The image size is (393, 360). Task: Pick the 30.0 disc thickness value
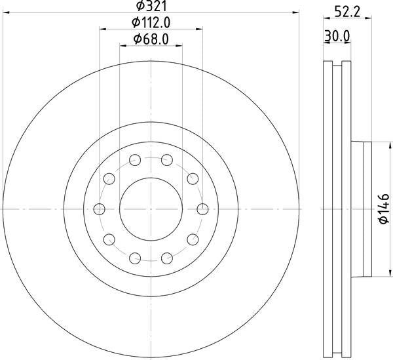(337, 38)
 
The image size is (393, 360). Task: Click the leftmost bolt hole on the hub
(100, 209)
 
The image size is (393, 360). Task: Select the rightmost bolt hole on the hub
(202, 209)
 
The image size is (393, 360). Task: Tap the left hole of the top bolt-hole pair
(135, 159)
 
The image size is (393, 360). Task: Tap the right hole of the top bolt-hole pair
(167, 159)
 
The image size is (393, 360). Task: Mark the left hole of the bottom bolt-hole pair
(135, 258)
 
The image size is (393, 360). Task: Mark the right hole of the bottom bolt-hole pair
(167, 258)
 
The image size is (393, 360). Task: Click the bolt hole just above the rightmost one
(193, 178)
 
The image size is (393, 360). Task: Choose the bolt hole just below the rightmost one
(193, 239)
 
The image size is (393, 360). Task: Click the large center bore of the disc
(151, 209)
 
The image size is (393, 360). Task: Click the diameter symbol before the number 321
(139, 7)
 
